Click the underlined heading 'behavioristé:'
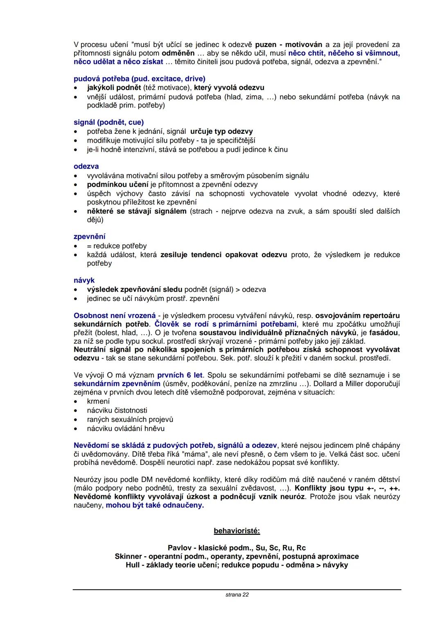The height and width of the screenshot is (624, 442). [x=237, y=531]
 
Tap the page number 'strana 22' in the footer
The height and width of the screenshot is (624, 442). [x=237, y=595]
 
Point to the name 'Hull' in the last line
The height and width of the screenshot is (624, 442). [x=133, y=565]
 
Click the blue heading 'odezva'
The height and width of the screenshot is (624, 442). [x=86, y=166]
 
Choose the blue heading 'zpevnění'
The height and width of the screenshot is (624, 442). [x=89, y=237]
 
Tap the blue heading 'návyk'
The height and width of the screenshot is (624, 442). [x=84, y=281]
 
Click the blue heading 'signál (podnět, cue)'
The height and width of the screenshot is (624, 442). [x=108, y=122]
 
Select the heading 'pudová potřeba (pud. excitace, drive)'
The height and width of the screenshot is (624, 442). [x=139, y=79]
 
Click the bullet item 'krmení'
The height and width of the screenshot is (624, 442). [x=98, y=401]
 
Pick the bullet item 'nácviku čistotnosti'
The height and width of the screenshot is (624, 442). [x=117, y=410]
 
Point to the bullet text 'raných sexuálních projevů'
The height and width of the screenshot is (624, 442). [x=130, y=420]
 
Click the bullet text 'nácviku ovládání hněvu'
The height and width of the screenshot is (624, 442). [x=126, y=429]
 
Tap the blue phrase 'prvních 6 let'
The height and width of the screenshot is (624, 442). [x=180, y=375]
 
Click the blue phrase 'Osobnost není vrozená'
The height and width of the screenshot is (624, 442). [x=115, y=316]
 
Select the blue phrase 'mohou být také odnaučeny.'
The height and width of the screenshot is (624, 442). [x=155, y=505]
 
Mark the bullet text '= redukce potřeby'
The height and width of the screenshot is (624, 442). [x=117, y=246]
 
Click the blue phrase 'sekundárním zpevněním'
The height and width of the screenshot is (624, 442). [x=117, y=384]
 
